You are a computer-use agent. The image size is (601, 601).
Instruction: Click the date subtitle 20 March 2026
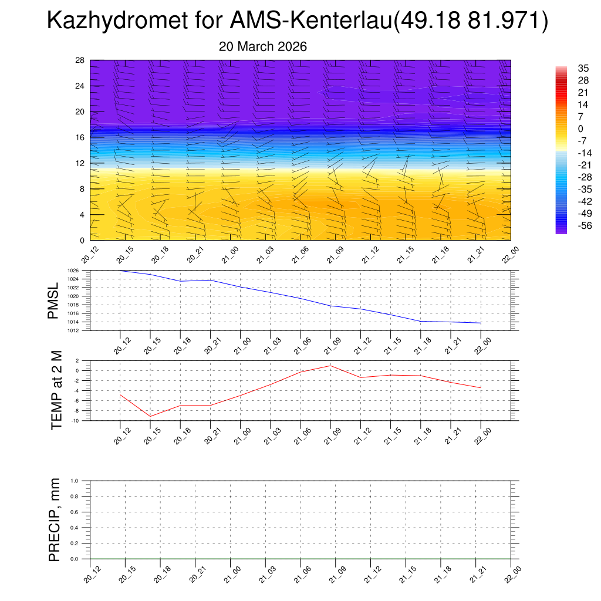pos(262,46)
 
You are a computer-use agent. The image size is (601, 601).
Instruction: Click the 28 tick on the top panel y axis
pos(80,60)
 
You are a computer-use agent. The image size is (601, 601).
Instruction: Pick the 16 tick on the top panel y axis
pos(80,137)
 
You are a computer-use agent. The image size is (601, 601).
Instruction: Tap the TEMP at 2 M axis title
pos(56,390)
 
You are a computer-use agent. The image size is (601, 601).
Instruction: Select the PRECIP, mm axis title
pos(55,519)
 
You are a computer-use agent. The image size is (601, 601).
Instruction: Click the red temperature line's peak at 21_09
pos(330,366)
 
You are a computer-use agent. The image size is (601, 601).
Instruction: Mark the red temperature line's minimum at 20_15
pos(150,416)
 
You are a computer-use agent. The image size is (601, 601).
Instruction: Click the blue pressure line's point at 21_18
pos(421,321)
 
